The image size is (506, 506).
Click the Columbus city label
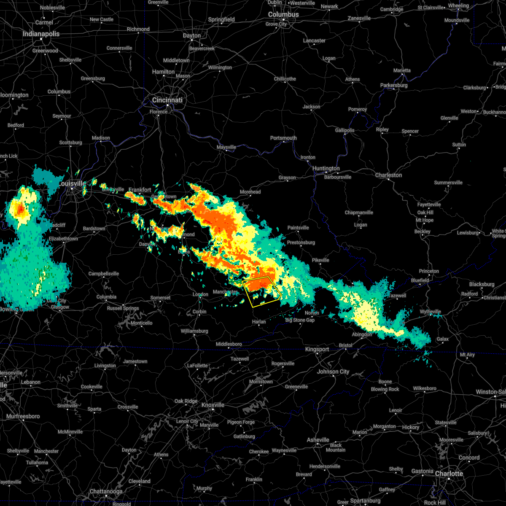tap(284, 14)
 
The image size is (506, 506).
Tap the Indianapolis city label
tap(41, 34)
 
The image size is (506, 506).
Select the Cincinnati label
tap(167, 100)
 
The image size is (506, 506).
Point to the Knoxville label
tap(213, 405)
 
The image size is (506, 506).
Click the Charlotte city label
tap(449, 474)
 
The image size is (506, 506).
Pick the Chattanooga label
tap(106, 491)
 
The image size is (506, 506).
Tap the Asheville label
tap(318, 440)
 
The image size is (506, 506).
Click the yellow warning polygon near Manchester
tap(262, 291)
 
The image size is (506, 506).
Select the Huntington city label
tap(326, 168)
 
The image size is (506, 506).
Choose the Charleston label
tap(388, 175)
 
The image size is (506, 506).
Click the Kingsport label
tap(317, 349)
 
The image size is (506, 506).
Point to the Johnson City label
tap(333, 371)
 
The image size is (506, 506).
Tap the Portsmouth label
tap(283, 138)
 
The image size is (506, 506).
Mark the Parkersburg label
tap(394, 85)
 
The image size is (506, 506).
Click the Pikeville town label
tap(320, 260)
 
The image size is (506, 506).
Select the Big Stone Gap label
tap(300, 320)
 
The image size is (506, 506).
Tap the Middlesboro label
tap(229, 344)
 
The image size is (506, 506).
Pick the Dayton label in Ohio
tap(192, 35)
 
